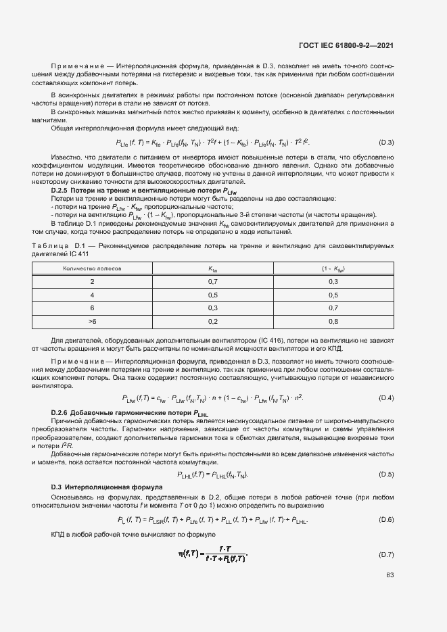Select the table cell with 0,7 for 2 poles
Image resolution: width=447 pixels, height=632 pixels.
tap(212, 281)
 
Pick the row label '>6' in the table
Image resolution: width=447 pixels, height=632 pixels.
tap(92, 320)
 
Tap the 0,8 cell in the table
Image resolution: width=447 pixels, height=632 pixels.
tap(333, 320)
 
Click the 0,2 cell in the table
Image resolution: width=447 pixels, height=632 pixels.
tap(212, 320)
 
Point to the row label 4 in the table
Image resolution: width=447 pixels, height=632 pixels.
tap(92, 295)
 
